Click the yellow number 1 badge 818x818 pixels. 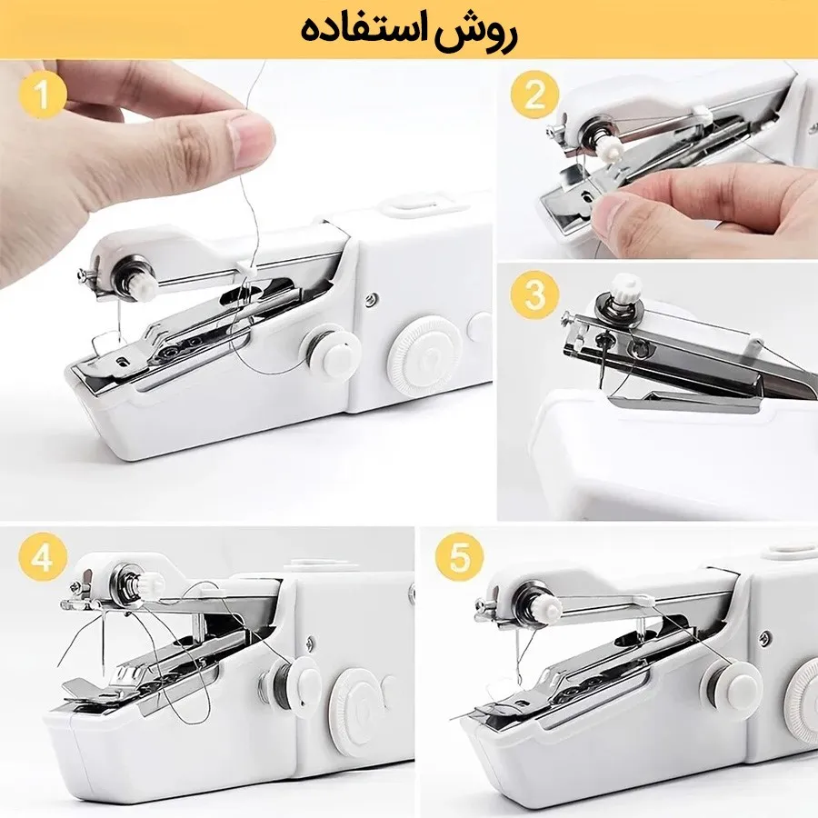coord(43,95)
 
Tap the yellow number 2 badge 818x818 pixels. coord(534,95)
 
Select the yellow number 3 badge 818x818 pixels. coord(534,294)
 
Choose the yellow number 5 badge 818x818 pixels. coord(460,556)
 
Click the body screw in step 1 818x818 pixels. coord(371,299)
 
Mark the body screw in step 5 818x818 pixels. coord(765,638)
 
